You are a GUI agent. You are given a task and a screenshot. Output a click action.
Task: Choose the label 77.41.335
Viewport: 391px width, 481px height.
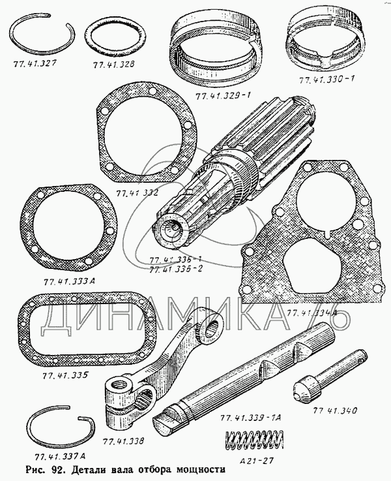pyautogui.click(x=63, y=377)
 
